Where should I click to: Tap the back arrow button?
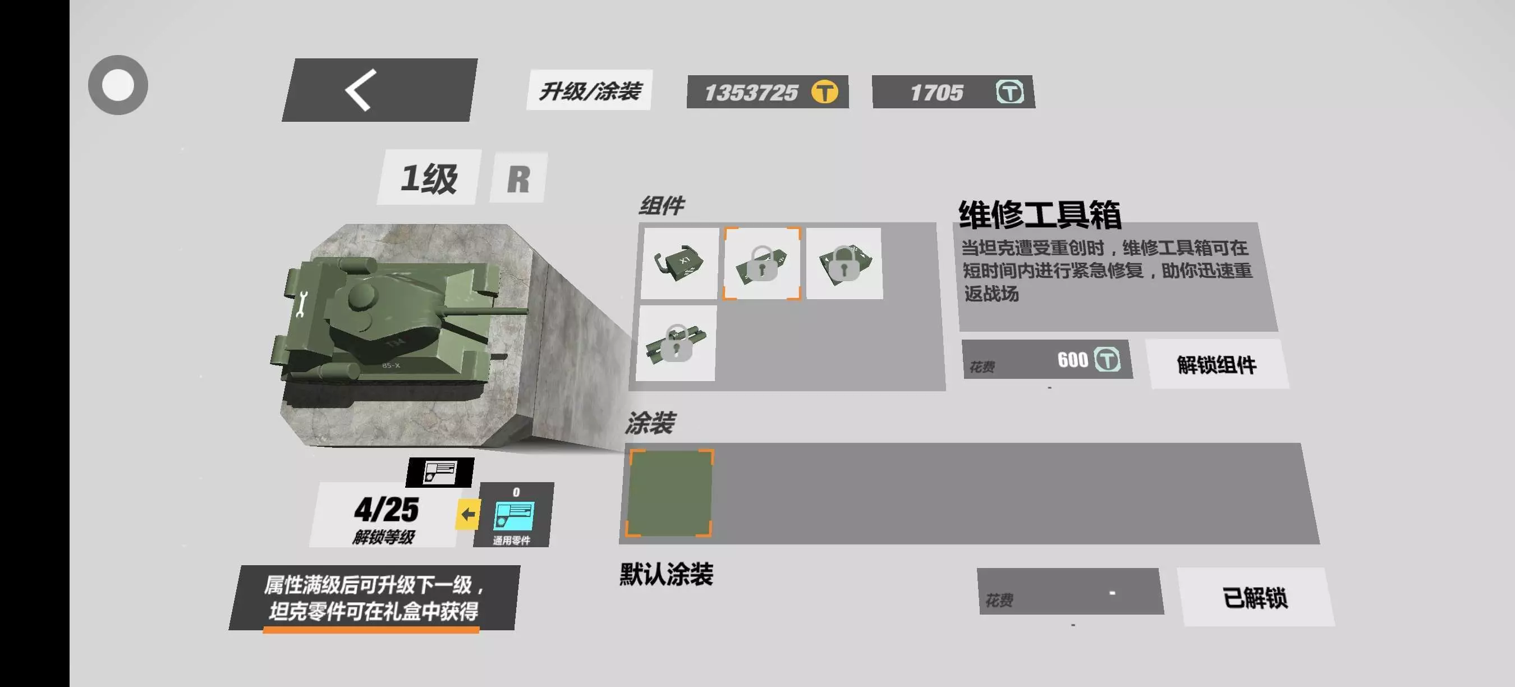pos(379,90)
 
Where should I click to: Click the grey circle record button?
pos(118,85)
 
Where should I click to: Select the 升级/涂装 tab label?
pos(589,90)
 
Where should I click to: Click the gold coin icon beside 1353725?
pos(824,91)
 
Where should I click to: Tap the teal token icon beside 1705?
pos(1009,91)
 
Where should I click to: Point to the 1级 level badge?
pos(429,177)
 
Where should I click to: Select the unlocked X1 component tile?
pos(680,263)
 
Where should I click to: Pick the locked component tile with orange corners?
pos(762,263)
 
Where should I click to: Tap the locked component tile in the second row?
pos(676,343)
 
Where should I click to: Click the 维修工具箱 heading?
pos(1040,214)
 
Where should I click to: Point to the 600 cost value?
pos(1072,359)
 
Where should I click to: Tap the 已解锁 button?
pos(1255,597)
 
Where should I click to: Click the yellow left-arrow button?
pos(468,514)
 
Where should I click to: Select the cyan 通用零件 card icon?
pos(513,515)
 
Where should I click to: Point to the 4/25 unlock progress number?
pos(387,510)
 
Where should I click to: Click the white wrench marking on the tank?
pos(302,305)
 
